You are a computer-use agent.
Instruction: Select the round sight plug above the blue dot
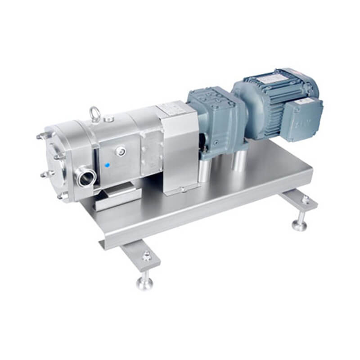[x=121, y=152]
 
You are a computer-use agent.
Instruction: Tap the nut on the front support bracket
[x=147, y=256]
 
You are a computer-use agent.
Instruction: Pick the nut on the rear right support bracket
[x=306, y=199]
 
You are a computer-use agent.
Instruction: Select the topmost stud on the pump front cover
[x=40, y=136]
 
